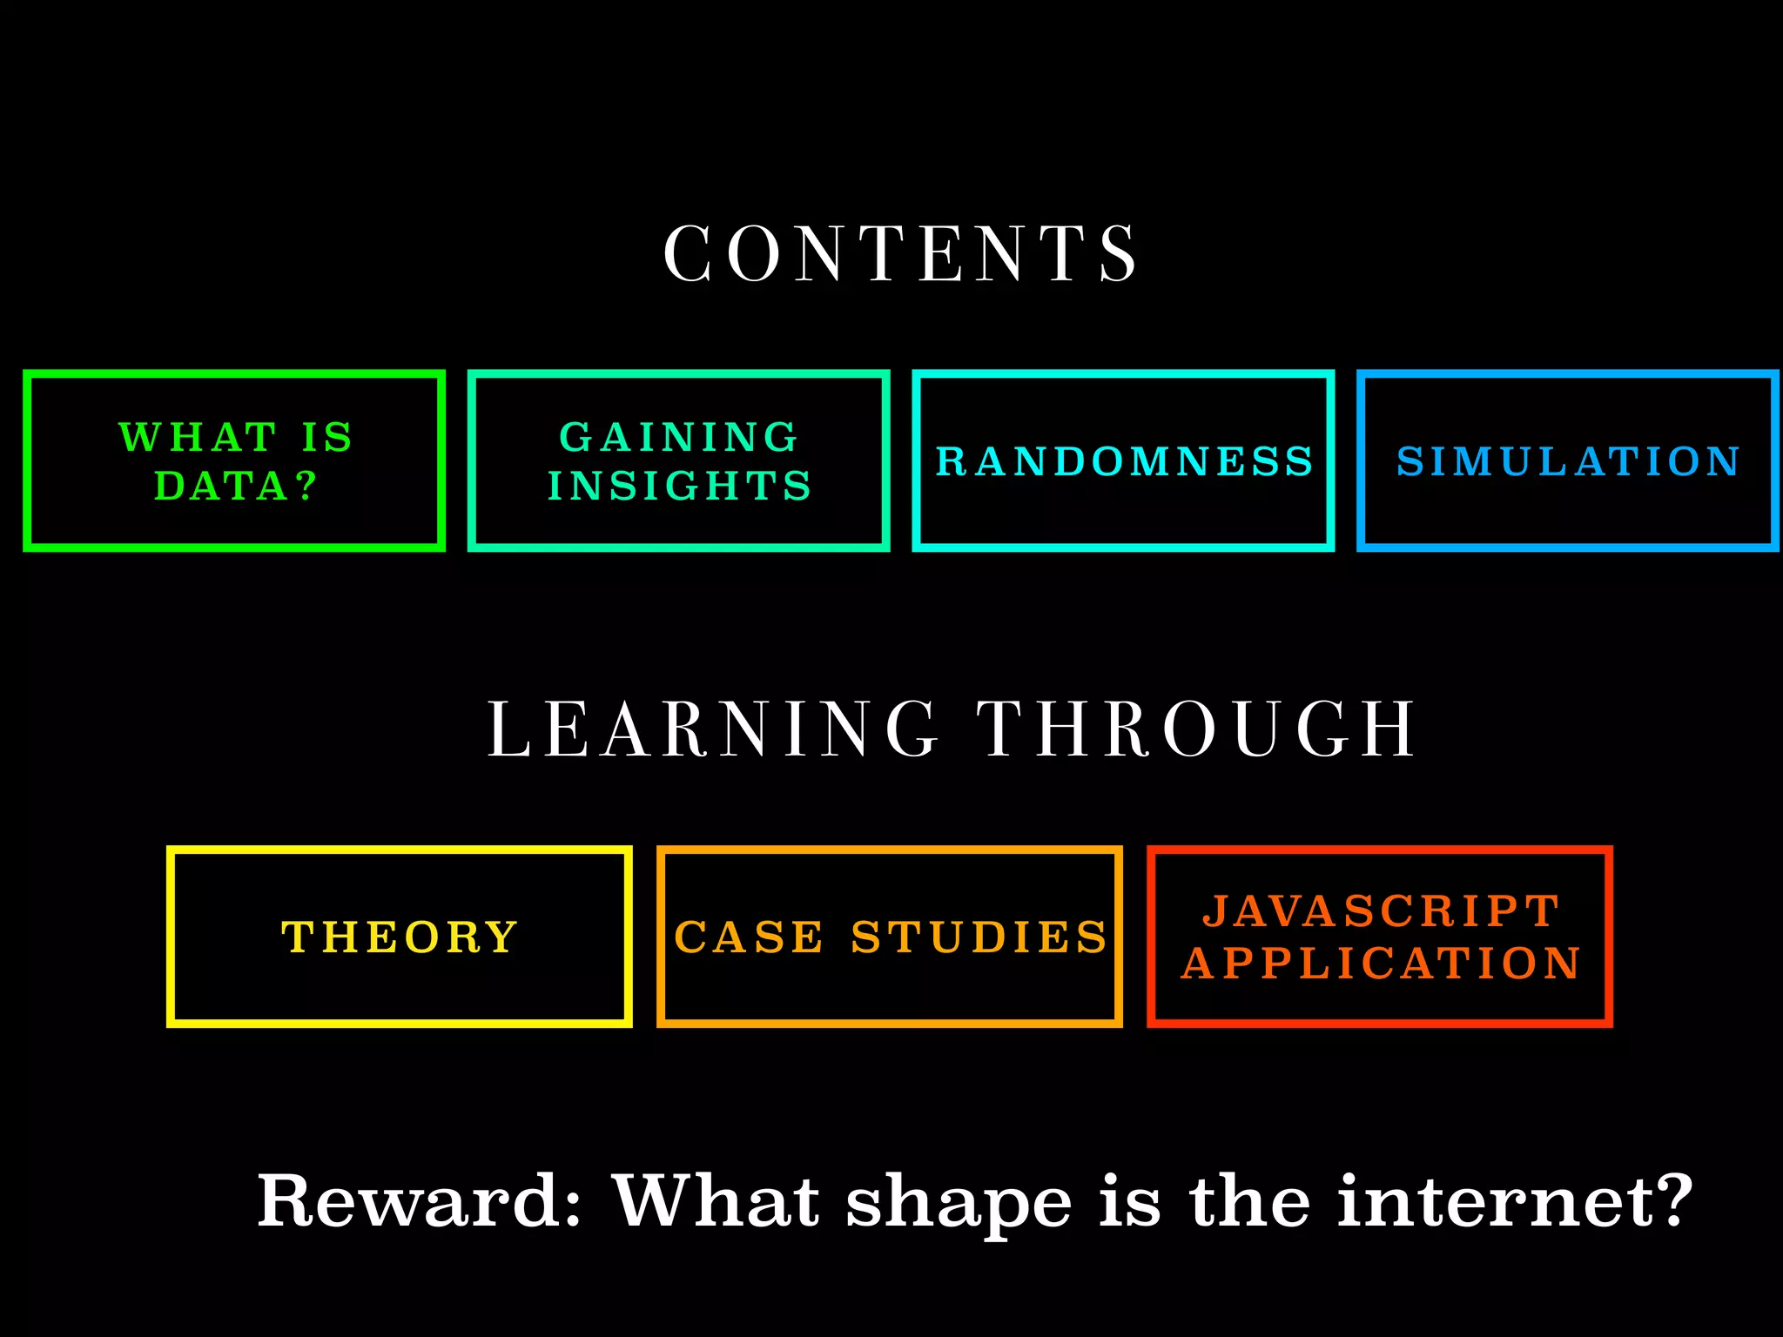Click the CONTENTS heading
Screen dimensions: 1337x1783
click(900, 253)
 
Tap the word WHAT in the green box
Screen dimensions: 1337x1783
click(198, 437)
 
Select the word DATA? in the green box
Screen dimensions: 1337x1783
click(235, 486)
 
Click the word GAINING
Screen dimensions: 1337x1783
click(678, 437)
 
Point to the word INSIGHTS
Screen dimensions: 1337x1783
click(679, 486)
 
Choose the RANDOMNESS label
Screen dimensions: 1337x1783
click(1124, 461)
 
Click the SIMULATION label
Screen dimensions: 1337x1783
click(1568, 461)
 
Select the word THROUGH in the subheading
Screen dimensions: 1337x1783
click(1198, 729)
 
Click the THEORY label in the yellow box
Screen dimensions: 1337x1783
click(400, 937)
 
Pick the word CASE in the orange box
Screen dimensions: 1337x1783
click(749, 937)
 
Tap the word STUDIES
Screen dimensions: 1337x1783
click(979, 937)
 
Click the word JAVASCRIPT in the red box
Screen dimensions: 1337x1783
click(1381, 911)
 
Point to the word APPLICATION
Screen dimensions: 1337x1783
click(1381, 964)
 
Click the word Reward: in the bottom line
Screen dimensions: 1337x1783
click(419, 1201)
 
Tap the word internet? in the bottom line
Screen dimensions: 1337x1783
click(1515, 1201)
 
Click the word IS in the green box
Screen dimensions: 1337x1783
click(327, 437)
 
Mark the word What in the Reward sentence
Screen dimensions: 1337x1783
click(716, 1201)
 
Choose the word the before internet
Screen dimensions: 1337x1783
click(1249, 1201)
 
